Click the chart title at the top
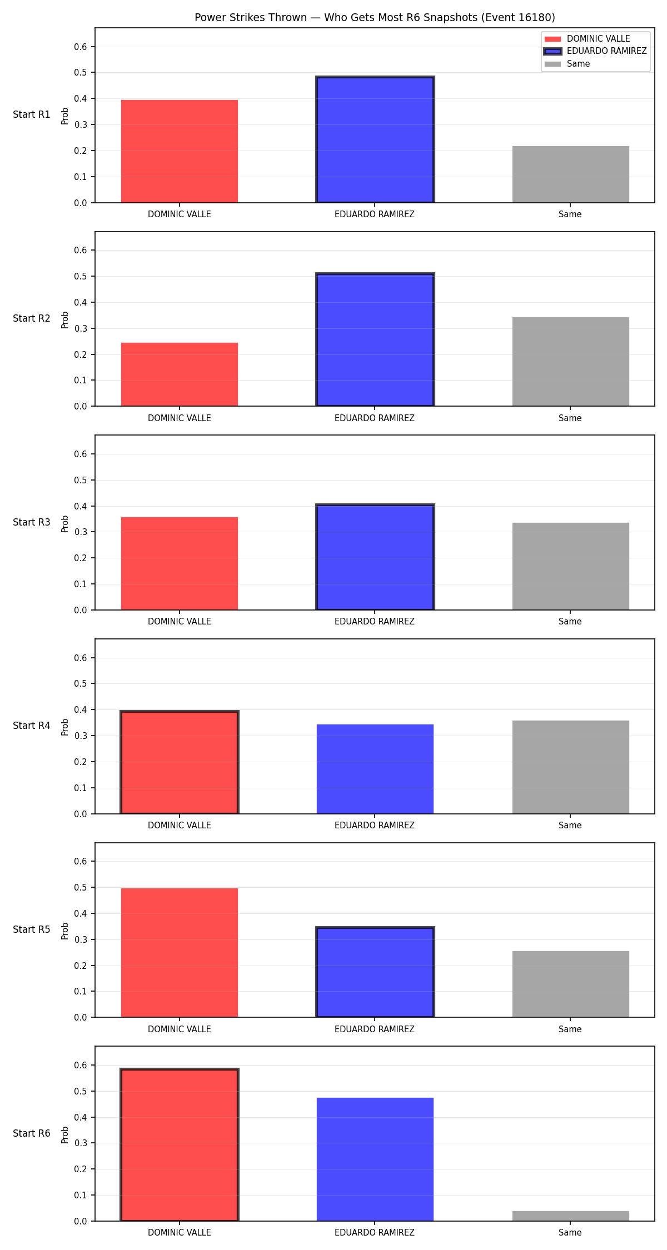click(375, 17)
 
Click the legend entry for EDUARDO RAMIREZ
click(595, 51)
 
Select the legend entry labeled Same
click(568, 64)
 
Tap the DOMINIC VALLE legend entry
click(587, 39)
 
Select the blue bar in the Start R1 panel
click(375, 139)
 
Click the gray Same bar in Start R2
click(571, 362)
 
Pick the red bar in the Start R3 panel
click(180, 563)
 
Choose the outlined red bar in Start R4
click(180, 762)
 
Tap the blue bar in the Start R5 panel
click(375, 972)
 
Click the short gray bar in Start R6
click(571, 1216)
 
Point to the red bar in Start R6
click(180, 1144)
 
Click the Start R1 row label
click(32, 114)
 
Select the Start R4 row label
click(32, 726)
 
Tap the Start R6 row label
click(32, 1133)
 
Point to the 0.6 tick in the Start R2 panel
click(81, 251)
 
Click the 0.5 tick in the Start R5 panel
click(81, 888)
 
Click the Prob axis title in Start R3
click(65, 523)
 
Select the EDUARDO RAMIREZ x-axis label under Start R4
click(375, 826)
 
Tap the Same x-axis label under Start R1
click(570, 214)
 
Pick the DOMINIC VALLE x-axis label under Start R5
click(180, 1029)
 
